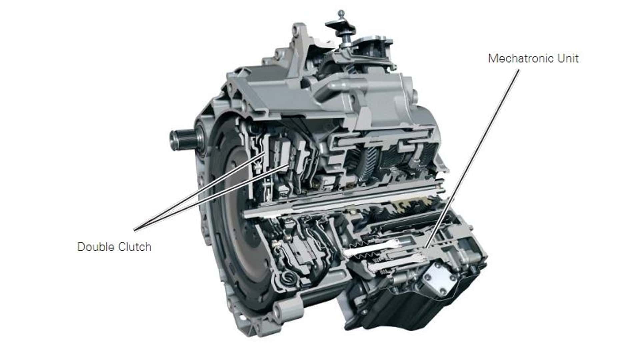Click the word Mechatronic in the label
click(x=521, y=58)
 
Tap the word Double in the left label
click(x=97, y=247)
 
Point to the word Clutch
click(x=135, y=247)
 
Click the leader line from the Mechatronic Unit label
click(x=472, y=159)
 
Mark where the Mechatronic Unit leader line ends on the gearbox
click(x=425, y=248)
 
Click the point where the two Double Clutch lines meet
click(x=135, y=230)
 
